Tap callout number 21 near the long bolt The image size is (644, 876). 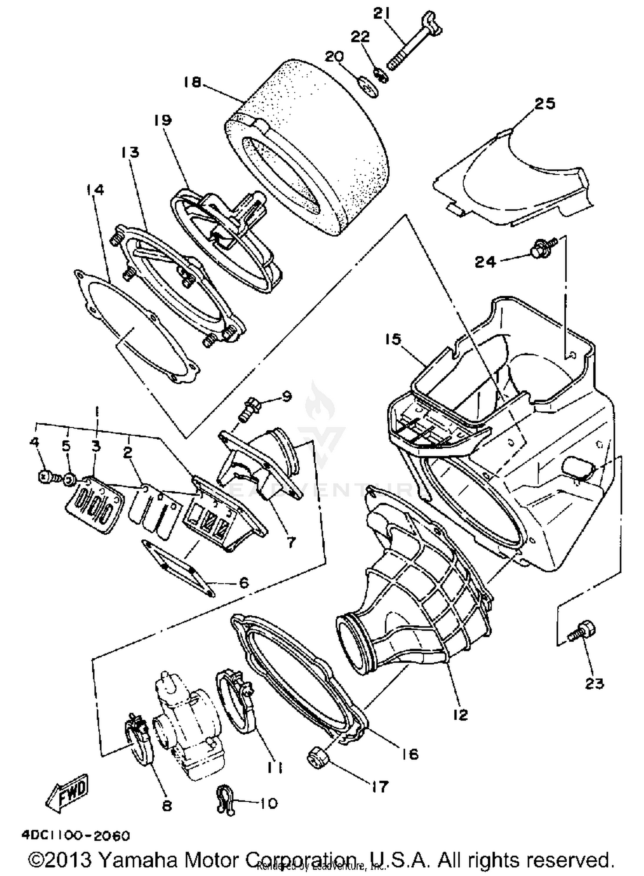pyautogui.click(x=381, y=14)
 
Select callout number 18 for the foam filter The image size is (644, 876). pyautogui.click(x=192, y=82)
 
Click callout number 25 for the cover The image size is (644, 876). pyautogui.click(x=544, y=104)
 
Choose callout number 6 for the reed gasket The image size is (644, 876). pyautogui.click(x=243, y=583)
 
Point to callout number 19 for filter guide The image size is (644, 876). pyautogui.click(x=163, y=120)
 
